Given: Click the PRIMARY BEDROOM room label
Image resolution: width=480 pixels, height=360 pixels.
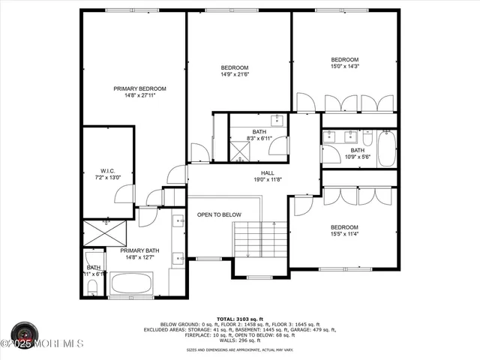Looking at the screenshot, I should [x=139, y=88].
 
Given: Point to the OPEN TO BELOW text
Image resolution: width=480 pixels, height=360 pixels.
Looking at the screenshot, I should [x=219, y=215].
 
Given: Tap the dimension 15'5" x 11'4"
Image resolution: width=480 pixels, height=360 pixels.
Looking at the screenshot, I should [x=345, y=234].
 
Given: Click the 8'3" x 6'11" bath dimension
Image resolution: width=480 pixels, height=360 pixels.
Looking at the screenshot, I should [x=259, y=139].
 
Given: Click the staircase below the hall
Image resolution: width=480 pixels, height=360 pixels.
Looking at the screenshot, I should [x=259, y=240].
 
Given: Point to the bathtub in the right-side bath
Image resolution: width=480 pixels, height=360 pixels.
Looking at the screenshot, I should [x=386, y=148].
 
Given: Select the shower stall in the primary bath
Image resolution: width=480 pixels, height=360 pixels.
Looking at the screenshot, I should [x=106, y=232].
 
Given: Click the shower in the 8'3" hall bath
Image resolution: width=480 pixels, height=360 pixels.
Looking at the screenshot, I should [x=239, y=151].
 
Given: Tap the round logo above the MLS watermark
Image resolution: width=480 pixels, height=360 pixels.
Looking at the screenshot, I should [x=23, y=331].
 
